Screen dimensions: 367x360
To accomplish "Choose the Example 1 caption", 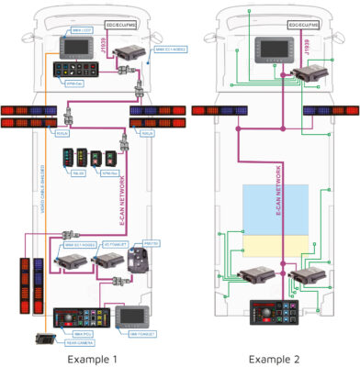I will pyautogui.click(x=89, y=356).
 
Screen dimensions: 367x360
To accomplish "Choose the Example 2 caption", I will pyautogui.click(x=273, y=356).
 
